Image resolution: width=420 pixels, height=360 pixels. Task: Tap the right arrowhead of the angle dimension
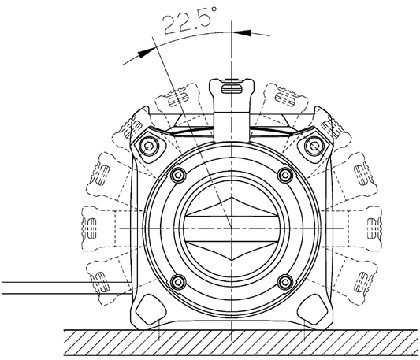click(x=242, y=32)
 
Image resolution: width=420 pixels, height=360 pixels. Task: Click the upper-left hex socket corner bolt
click(x=149, y=147)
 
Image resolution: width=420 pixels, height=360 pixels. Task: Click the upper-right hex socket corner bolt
click(x=314, y=147)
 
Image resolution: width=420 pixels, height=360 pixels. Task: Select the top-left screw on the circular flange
click(x=178, y=175)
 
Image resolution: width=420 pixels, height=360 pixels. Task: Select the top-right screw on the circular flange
click(x=285, y=175)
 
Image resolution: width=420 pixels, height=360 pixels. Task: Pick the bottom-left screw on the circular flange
click(x=178, y=282)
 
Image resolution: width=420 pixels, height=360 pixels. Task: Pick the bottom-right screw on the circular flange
click(x=285, y=282)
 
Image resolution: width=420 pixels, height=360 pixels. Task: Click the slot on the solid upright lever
click(x=232, y=89)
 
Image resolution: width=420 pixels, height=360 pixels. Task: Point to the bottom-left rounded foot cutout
click(x=151, y=309)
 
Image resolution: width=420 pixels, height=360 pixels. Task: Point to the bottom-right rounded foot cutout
click(x=312, y=309)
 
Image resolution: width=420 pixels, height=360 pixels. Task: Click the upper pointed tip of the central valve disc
click(x=232, y=198)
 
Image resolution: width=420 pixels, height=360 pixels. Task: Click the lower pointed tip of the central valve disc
click(x=232, y=260)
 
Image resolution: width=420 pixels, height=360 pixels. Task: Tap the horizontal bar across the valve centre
click(x=232, y=228)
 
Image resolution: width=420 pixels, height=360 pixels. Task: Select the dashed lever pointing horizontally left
click(x=99, y=228)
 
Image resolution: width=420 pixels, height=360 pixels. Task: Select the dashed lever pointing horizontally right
click(x=365, y=228)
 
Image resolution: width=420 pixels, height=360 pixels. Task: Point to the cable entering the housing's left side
click(x=66, y=288)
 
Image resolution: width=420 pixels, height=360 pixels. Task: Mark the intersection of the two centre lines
click(x=232, y=228)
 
